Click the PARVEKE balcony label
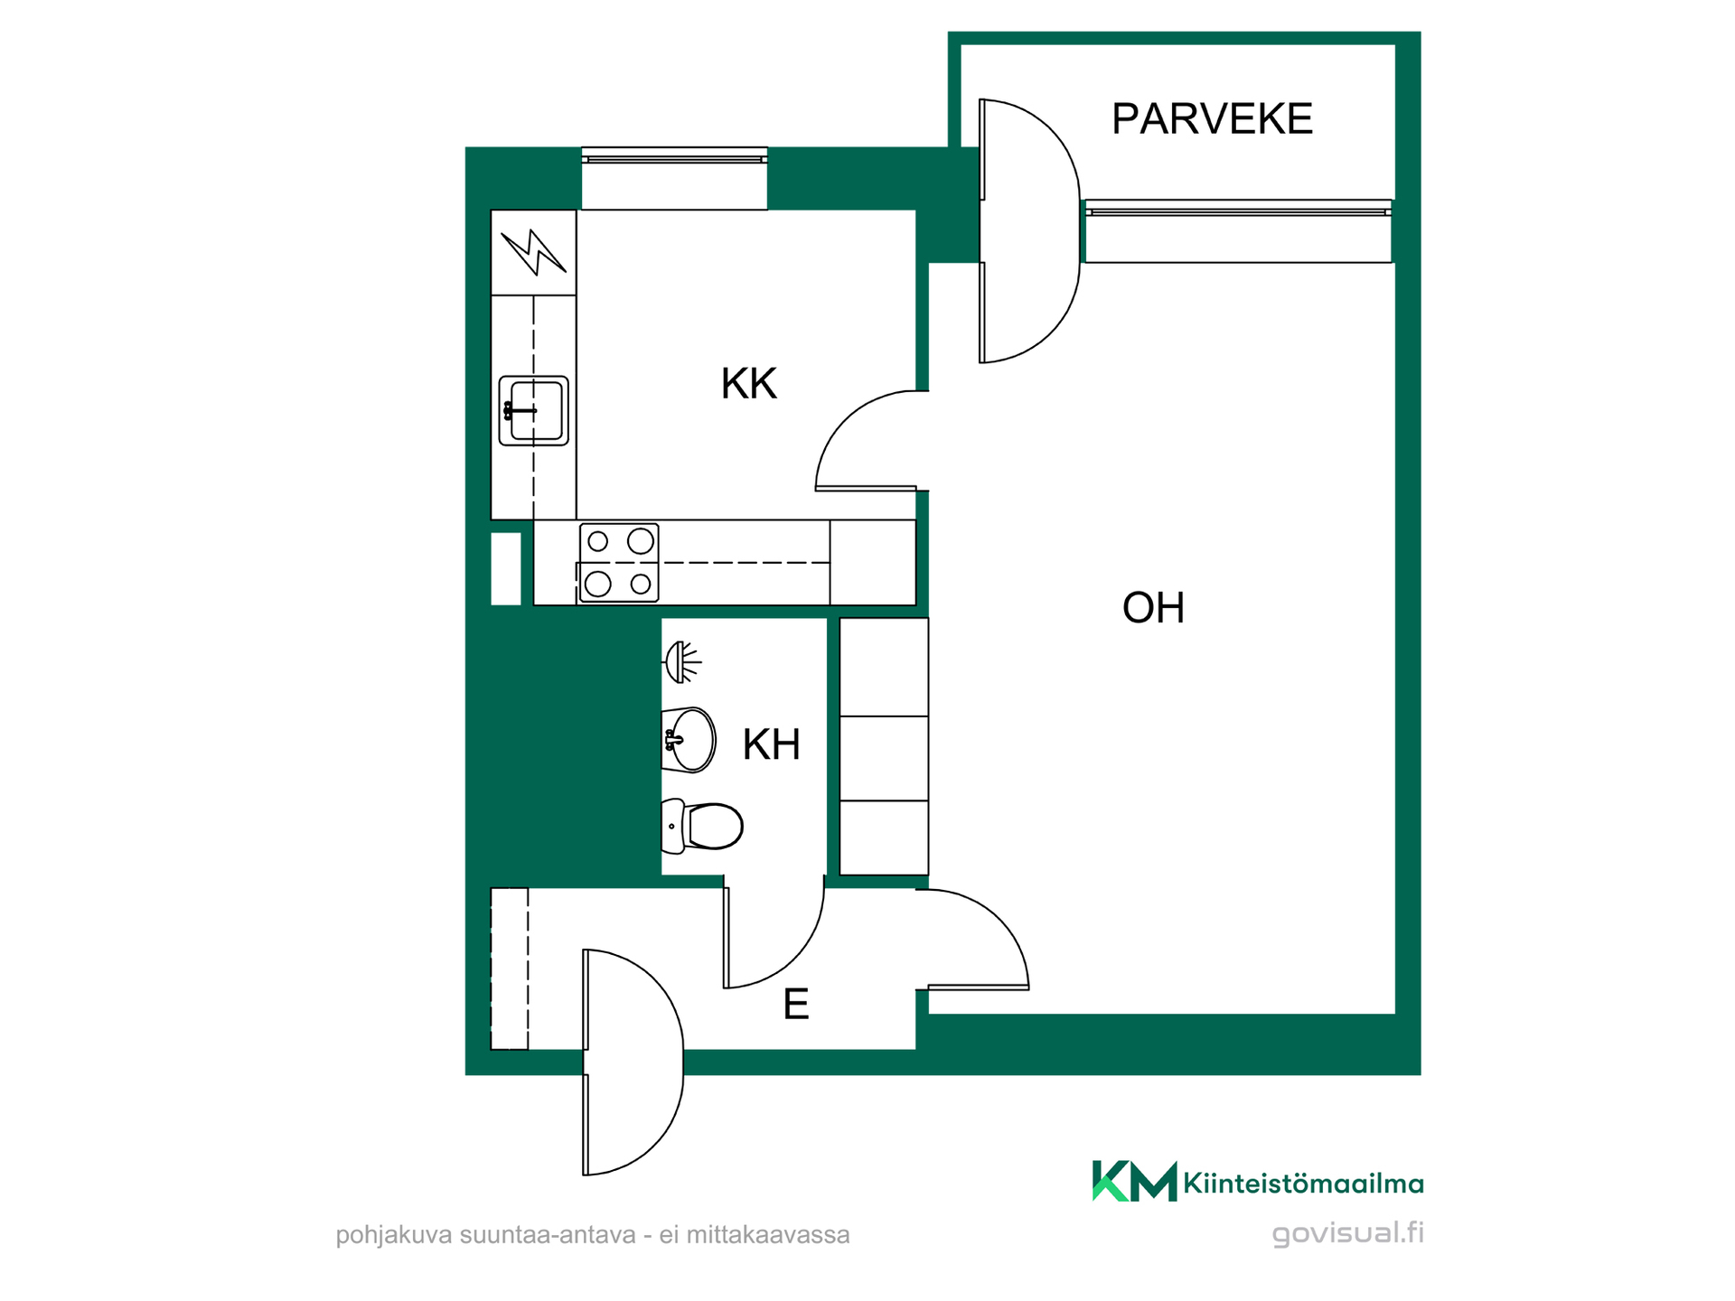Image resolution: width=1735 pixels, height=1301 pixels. point(1212,119)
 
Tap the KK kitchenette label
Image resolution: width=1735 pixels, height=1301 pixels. point(748,384)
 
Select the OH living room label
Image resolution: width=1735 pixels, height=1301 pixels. point(1153,608)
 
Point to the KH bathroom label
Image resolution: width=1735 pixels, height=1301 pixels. point(771,744)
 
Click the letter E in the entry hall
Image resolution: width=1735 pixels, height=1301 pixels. point(795,1004)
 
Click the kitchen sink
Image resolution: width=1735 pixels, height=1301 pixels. point(533,411)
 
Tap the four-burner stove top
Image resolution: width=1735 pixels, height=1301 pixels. point(619,563)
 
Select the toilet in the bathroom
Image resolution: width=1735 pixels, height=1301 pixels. point(702,826)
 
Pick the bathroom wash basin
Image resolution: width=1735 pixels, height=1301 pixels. point(689,740)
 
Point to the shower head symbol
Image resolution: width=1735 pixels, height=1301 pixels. point(682,662)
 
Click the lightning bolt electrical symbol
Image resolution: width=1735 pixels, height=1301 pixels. point(533,252)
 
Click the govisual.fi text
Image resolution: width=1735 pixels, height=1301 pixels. point(1347,1232)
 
